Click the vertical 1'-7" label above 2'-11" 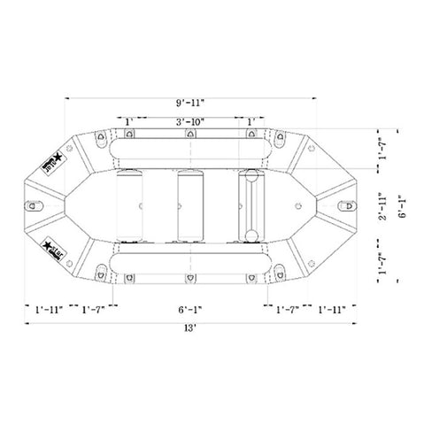pyautogui.click(x=380, y=145)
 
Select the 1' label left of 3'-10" pyautogui.click(x=129, y=120)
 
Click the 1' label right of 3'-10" pyautogui.click(x=252, y=120)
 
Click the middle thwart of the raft pyautogui.click(x=189, y=204)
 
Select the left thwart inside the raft pyautogui.click(x=135, y=204)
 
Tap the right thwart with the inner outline pyautogui.click(x=251, y=204)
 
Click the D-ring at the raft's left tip pyautogui.click(x=37, y=204)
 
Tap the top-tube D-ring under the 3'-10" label pyautogui.click(x=189, y=135)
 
